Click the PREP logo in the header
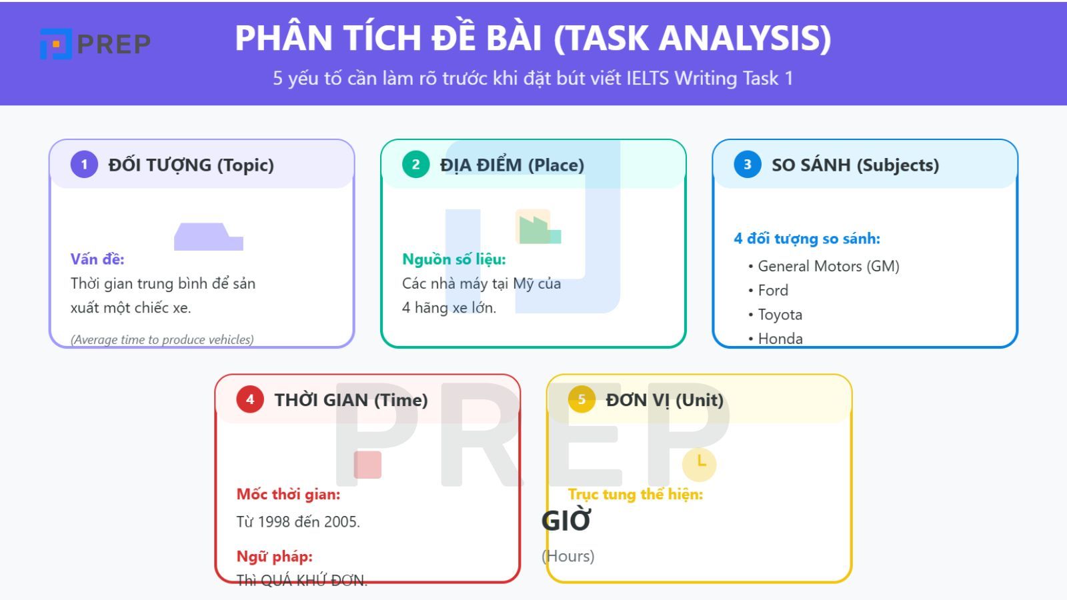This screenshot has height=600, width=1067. click(x=95, y=44)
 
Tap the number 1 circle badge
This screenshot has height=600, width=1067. click(x=84, y=164)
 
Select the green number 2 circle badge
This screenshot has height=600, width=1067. click(x=415, y=164)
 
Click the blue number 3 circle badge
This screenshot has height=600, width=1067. click(x=747, y=164)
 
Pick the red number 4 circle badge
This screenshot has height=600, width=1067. click(x=250, y=399)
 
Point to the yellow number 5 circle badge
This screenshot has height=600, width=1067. click(x=582, y=399)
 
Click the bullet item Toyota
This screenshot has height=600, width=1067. click(x=780, y=314)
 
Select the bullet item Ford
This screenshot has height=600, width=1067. click(x=773, y=290)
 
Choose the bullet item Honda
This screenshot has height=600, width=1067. click(x=780, y=338)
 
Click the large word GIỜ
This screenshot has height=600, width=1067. click(x=566, y=521)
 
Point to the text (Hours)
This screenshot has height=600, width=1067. click(x=568, y=555)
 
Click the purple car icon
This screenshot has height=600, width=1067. click(x=208, y=237)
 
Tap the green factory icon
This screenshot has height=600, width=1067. click(x=538, y=227)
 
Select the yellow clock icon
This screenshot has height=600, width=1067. click(x=700, y=463)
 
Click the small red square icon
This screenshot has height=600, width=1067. click(x=367, y=465)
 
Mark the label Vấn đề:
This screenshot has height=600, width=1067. click(x=97, y=259)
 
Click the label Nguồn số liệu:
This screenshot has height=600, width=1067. click(x=453, y=259)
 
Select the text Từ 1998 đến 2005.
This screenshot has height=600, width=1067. click(x=298, y=521)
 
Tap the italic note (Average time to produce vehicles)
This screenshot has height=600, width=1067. click(x=162, y=339)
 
